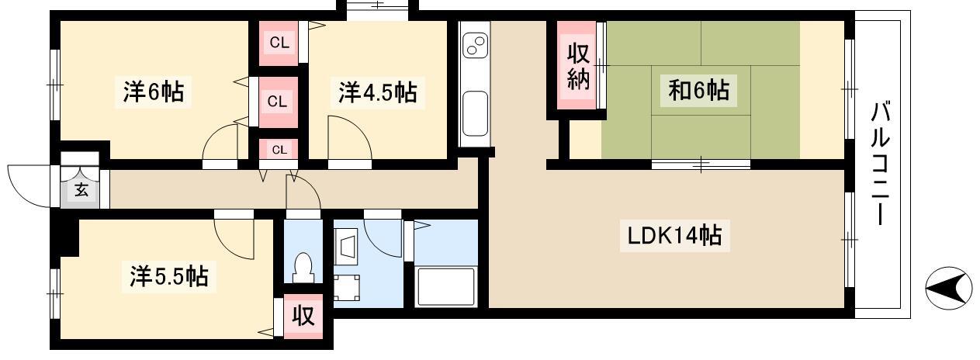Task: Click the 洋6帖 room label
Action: [153, 92]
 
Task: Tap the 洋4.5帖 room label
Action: [378, 92]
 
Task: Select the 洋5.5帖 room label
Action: [169, 276]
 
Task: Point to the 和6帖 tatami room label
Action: [698, 90]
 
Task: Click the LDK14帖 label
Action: [674, 235]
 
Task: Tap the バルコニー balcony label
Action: [881, 163]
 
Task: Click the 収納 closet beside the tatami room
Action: [578, 66]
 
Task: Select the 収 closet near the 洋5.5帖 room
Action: [303, 315]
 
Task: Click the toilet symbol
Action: [303, 267]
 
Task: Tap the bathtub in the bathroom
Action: [446, 286]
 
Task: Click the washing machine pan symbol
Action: [347, 288]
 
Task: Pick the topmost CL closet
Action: [279, 43]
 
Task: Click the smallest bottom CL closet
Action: [279, 150]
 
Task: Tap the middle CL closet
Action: [277, 102]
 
